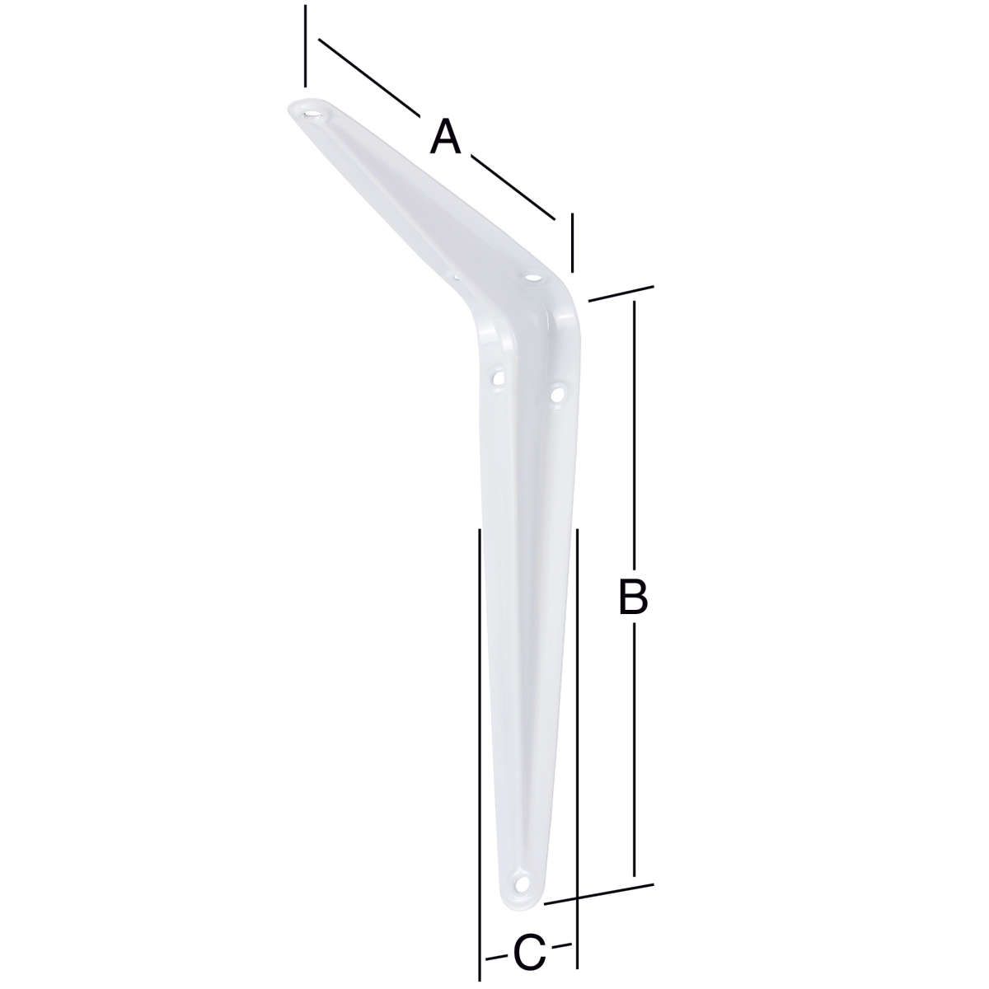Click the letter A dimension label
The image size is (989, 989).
445,135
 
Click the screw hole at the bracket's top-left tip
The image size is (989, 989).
312,112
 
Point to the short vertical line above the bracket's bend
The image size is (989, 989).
571,242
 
